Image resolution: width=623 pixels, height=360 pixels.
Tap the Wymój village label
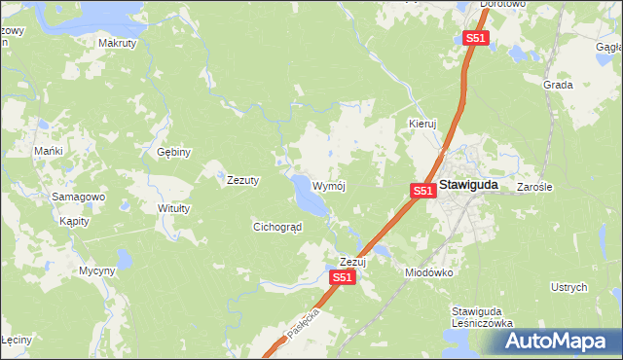[x=329, y=185]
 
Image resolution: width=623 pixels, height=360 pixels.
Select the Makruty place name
[x=118, y=44]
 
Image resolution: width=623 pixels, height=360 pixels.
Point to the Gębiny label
[x=174, y=152]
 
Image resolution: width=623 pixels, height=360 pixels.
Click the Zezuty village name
[x=242, y=180]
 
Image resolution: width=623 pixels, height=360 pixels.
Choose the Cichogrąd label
[x=277, y=227]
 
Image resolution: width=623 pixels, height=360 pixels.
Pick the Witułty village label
[x=174, y=208]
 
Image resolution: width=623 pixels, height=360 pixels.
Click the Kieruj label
[x=422, y=125]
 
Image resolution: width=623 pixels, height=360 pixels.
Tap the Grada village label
[x=558, y=85]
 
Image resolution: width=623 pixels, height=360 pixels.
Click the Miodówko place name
[x=429, y=272]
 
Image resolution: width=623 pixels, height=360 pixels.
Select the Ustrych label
[x=569, y=287]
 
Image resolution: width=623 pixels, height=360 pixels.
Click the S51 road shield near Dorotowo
[x=474, y=38]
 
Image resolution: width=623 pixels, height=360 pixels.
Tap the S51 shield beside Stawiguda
[x=421, y=191]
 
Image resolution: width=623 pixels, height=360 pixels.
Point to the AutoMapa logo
[x=554, y=342]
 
